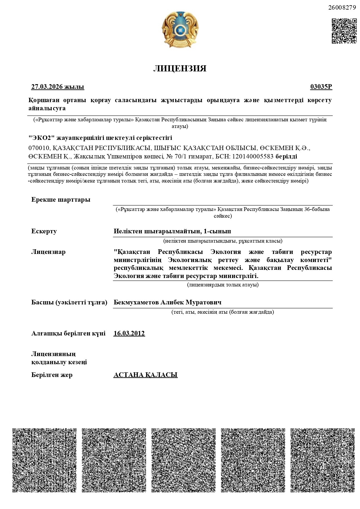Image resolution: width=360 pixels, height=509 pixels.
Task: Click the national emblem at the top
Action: [x=180, y=30]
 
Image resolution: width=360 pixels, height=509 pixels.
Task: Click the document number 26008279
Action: [x=342, y=8]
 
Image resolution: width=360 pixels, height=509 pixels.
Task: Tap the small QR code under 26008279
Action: [x=344, y=31]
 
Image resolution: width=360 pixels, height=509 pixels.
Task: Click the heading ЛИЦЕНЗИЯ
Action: [x=180, y=68]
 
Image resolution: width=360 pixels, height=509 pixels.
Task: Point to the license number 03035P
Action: [x=321, y=87]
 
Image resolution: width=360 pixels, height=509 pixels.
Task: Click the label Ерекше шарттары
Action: [x=61, y=200]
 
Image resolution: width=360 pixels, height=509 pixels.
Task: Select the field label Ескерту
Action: [x=44, y=231]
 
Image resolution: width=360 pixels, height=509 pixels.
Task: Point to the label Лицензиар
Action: [x=48, y=252]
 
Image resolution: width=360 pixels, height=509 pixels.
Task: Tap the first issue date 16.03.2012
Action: [x=129, y=333]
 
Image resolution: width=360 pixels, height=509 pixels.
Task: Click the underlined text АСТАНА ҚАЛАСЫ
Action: [x=145, y=375]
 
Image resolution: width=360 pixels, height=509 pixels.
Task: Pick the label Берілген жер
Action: [x=52, y=375]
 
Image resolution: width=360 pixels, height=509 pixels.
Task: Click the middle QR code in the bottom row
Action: [x=183, y=460]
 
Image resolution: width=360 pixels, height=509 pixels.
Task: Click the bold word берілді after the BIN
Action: [x=286, y=156]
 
